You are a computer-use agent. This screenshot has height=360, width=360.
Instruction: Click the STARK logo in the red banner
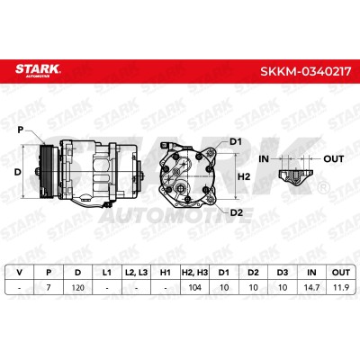pos(38,70)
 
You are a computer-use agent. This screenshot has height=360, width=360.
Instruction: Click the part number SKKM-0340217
pos(305,71)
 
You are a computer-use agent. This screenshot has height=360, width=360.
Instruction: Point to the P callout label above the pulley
pos(21,130)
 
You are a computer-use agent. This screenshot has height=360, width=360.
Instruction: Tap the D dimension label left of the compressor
pos(18,172)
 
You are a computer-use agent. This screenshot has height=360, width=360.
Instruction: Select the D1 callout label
pos(236,141)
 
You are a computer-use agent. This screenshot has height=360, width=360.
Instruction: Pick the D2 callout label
pos(237,212)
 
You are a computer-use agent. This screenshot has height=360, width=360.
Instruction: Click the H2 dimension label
pos(244,176)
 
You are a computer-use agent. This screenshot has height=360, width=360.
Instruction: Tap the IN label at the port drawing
pos(264,158)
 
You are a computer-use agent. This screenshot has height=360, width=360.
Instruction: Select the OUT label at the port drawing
pos(333,158)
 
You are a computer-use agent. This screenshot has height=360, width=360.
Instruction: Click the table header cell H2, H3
pos(194,273)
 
